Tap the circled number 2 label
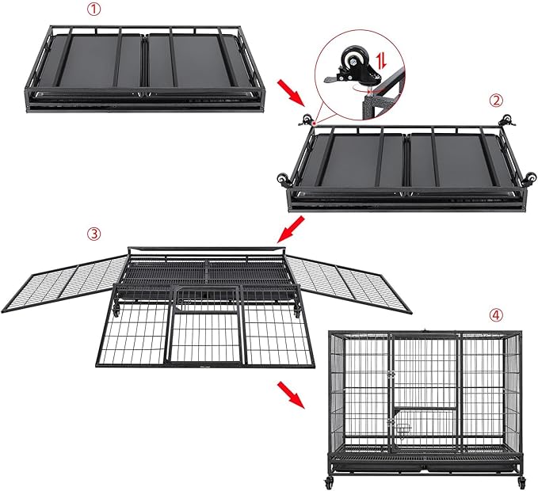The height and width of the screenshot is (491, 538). click(496, 100)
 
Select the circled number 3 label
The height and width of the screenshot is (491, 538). click(94, 234)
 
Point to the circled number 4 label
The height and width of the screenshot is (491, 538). click(495, 314)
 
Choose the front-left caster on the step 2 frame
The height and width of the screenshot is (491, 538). click(281, 178)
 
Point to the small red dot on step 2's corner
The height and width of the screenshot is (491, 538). click(314, 124)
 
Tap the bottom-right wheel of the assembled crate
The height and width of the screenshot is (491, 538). click(522, 481)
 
